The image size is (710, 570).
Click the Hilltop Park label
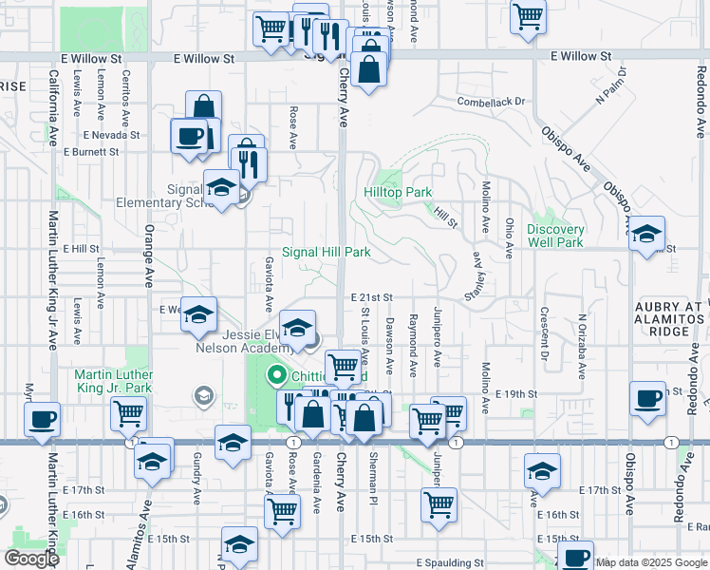[x=398, y=192]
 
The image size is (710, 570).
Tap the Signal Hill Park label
[x=326, y=253]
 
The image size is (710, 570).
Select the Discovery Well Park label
[x=555, y=236]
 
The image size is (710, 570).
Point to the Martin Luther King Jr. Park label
[x=113, y=382]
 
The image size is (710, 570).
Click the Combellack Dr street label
[x=490, y=102]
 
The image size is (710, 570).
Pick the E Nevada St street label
[x=110, y=135]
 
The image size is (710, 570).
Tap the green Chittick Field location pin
[x=278, y=376]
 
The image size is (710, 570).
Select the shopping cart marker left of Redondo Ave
[x=528, y=16]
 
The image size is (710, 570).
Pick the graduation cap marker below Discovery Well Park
[x=646, y=234]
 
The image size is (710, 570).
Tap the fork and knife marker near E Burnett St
[x=250, y=164]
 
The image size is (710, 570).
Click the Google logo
[x=31, y=559]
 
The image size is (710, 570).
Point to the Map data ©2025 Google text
[x=651, y=562]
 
